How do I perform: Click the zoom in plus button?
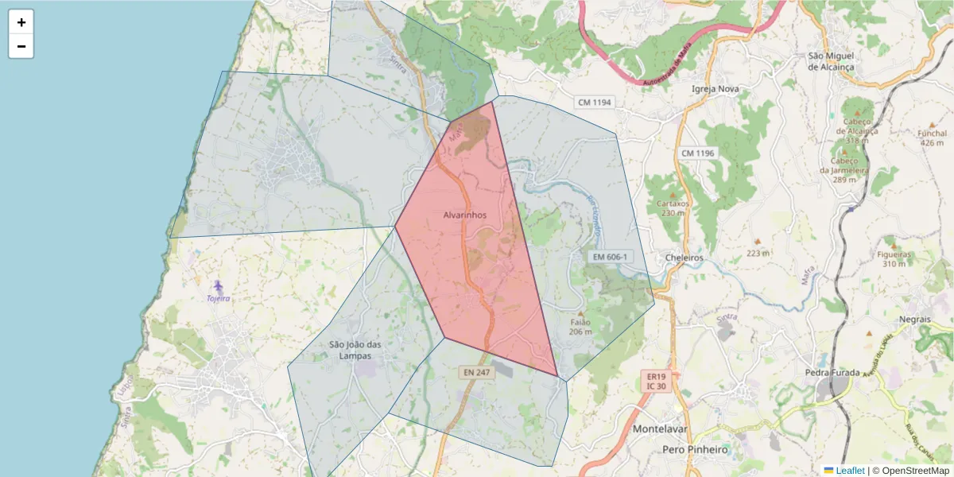21,22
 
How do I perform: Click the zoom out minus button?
21,46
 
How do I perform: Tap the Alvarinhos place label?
464,215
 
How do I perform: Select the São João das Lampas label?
355,350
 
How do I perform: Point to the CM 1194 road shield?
595,103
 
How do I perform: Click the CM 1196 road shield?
698,153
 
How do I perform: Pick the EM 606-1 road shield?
610,257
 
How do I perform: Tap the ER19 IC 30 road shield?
656,380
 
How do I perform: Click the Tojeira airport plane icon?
218,286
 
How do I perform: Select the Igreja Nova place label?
716,89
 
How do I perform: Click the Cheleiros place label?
684,258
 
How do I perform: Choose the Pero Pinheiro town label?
695,450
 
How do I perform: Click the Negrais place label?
914,319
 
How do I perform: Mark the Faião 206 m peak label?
581,327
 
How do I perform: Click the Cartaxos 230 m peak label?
672,207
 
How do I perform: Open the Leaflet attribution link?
849,471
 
